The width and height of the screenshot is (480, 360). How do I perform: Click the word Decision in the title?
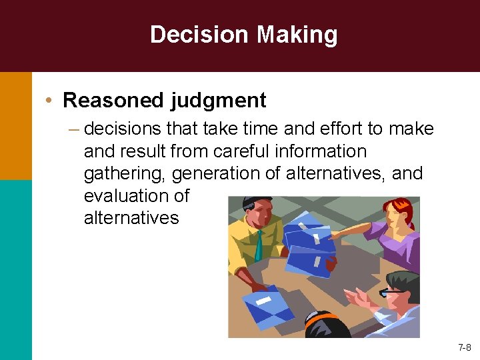click(x=193, y=35)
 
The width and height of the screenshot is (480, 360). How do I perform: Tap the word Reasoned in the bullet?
click(x=113, y=101)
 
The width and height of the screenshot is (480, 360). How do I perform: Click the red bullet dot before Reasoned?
click(x=50, y=101)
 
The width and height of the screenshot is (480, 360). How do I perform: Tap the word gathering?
click(x=125, y=174)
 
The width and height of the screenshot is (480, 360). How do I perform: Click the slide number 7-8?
click(x=465, y=347)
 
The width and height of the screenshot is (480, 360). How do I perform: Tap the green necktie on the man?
click(x=258, y=246)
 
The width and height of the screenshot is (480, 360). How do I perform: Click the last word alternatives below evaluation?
click(x=131, y=218)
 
